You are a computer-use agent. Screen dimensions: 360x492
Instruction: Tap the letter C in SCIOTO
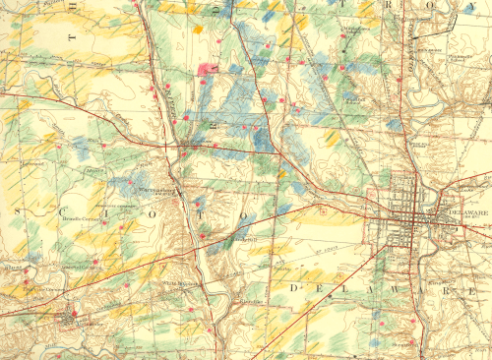click(68, 212)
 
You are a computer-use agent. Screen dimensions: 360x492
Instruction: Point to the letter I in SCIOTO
click(113, 212)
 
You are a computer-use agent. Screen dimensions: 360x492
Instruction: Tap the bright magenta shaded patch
click(209, 69)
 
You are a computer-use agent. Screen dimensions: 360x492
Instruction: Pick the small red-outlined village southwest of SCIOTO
click(66, 317)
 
